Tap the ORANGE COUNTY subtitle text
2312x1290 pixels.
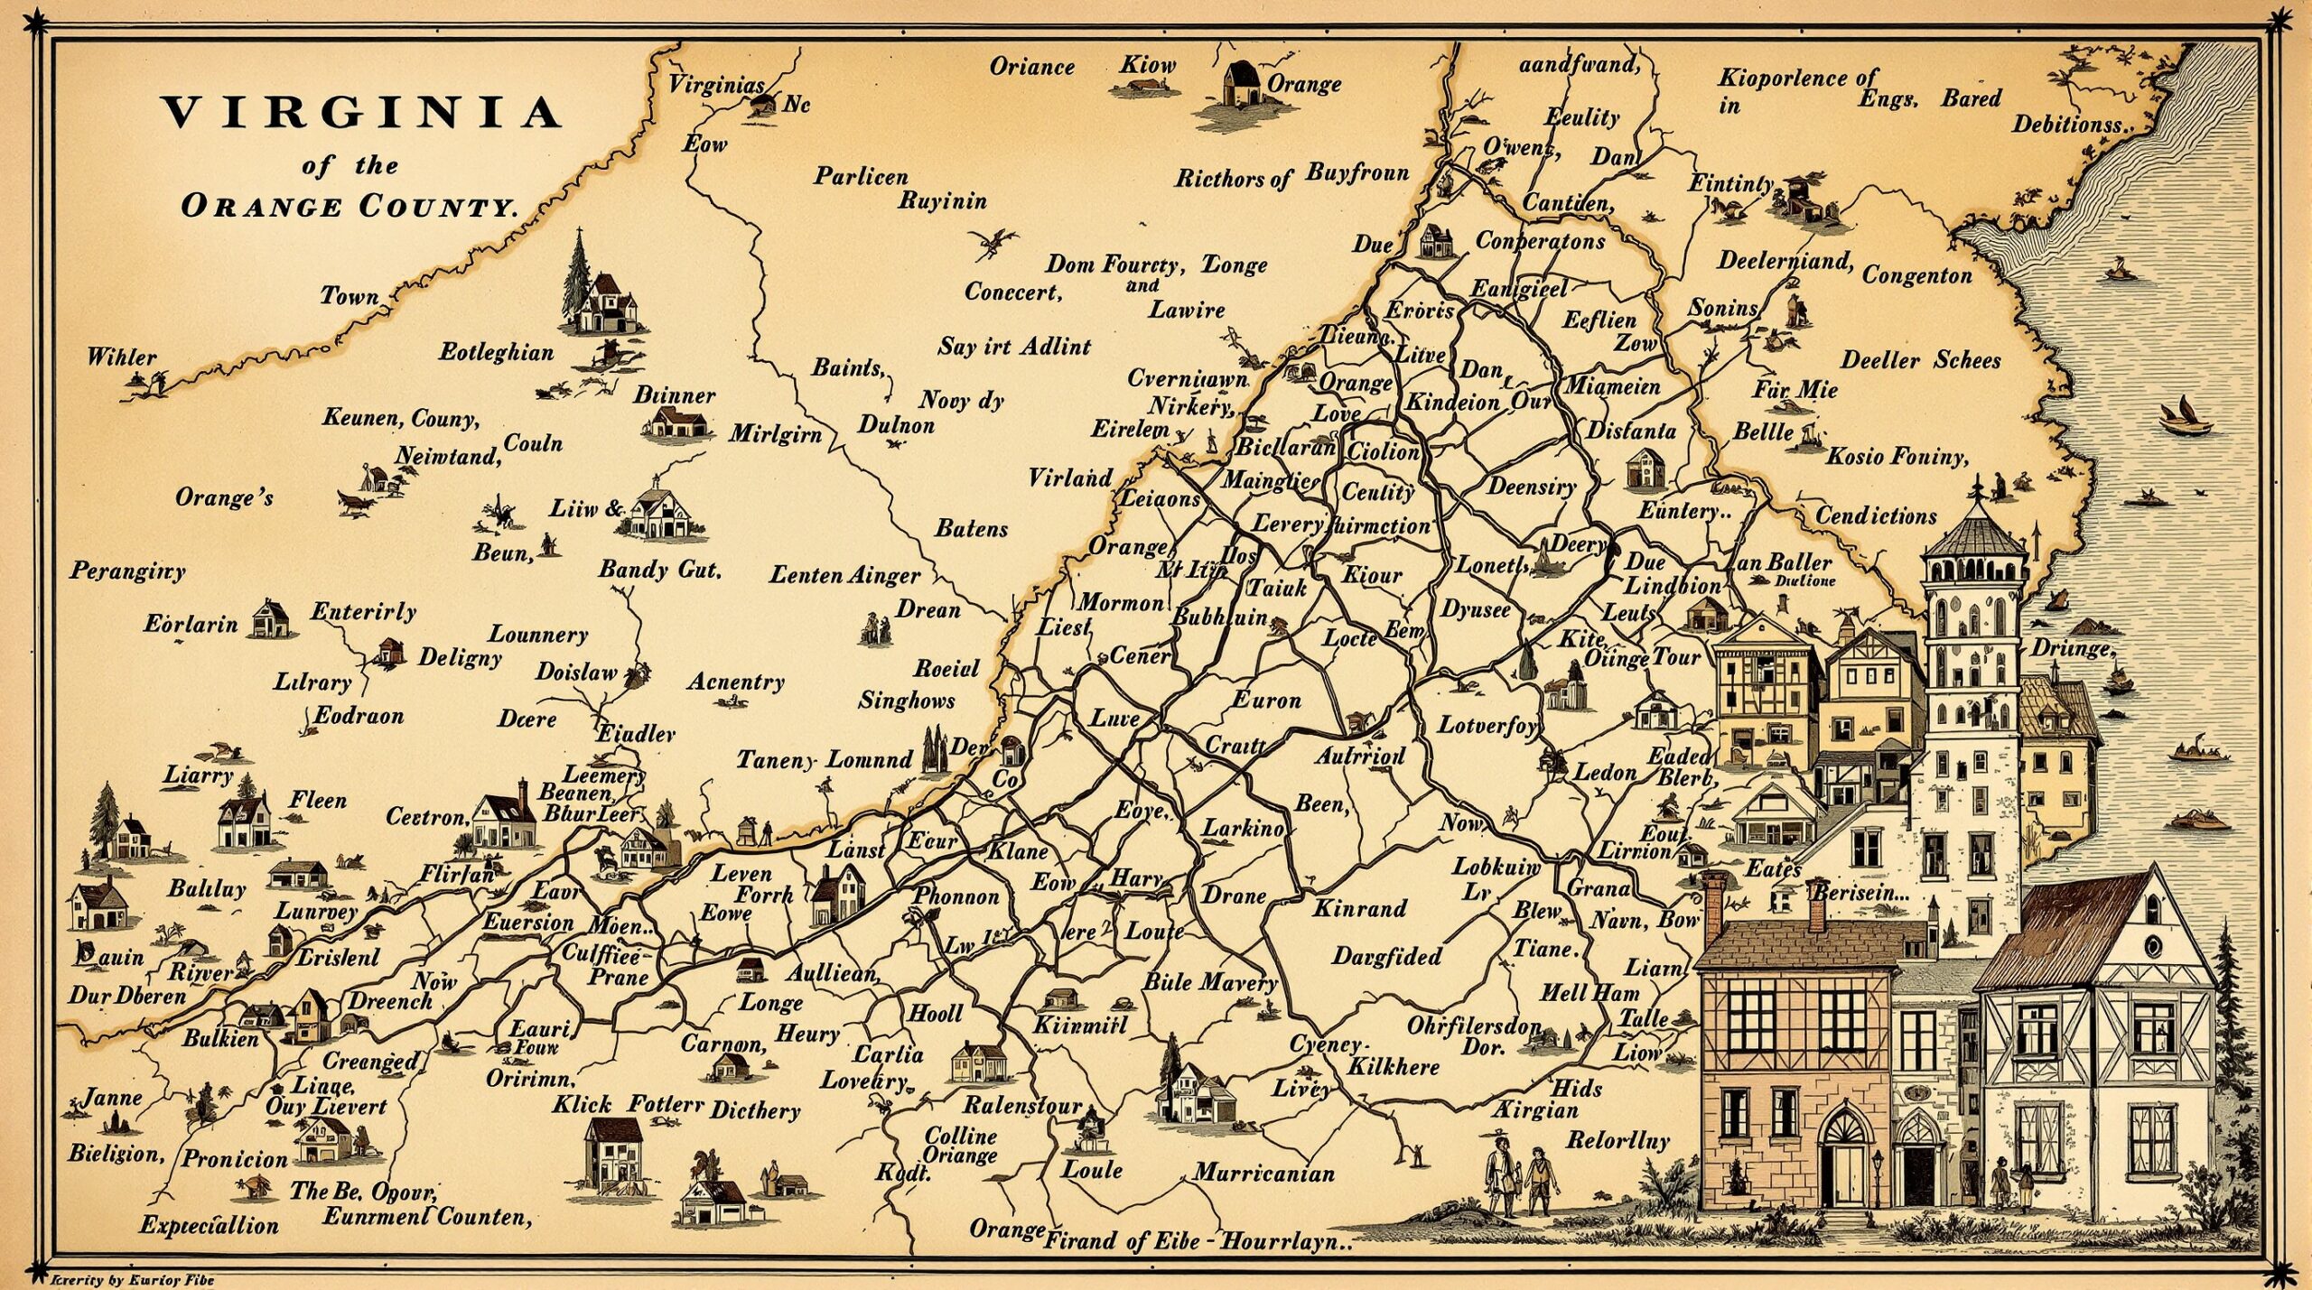[x=350, y=206]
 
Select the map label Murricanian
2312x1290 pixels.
[x=1263, y=1174]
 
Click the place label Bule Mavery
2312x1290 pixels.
[x=1210, y=982]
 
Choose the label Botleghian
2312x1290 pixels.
[x=496, y=352]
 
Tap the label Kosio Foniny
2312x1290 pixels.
[x=1897, y=456]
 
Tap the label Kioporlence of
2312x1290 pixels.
[x=1797, y=79]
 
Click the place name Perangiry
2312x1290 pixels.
[x=127, y=571]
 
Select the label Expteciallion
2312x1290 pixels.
[x=209, y=1226]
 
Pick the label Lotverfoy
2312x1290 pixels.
[x=1487, y=725]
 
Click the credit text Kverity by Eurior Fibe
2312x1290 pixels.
[x=132, y=1279]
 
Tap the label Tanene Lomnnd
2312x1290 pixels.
[x=824, y=760]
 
